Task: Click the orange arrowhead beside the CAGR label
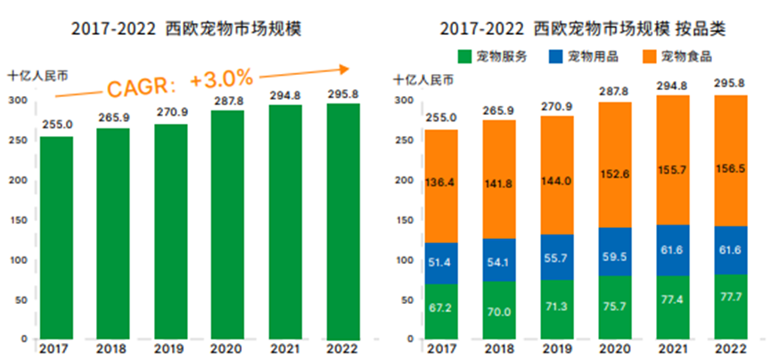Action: [342, 68]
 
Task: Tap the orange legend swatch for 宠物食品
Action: [650, 56]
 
